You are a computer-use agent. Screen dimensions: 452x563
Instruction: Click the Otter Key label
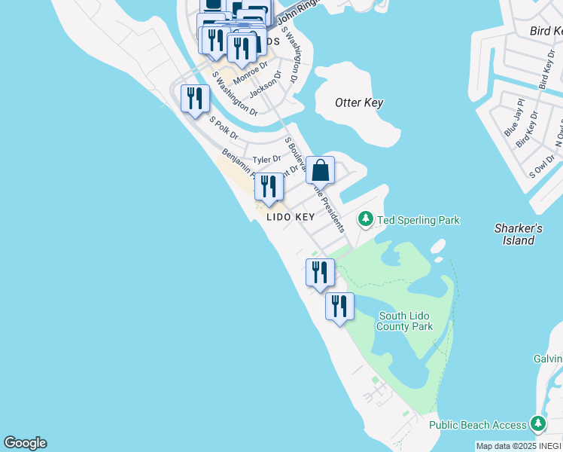pos(359,103)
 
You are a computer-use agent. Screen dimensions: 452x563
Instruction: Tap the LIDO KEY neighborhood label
pos(290,217)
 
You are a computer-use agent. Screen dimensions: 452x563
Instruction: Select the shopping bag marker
pos(320,172)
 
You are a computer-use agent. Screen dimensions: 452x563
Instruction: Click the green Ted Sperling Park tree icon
pos(366,219)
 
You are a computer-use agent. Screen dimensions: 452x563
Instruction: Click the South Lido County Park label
pos(406,322)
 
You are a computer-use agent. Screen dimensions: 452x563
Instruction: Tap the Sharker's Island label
pos(519,234)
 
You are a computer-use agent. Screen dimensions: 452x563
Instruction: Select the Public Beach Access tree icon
pos(538,424)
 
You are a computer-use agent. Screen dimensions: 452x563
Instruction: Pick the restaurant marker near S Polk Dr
pos(195,99)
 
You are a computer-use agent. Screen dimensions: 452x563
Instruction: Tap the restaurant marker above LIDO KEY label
pos(269,188)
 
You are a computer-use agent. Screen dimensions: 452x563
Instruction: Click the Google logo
pos(25,443)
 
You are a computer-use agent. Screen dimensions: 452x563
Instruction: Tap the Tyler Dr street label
pos(266,160)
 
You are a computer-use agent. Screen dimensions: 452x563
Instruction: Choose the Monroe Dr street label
pos(251,75)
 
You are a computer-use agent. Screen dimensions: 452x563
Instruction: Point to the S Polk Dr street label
pos(224,129)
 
